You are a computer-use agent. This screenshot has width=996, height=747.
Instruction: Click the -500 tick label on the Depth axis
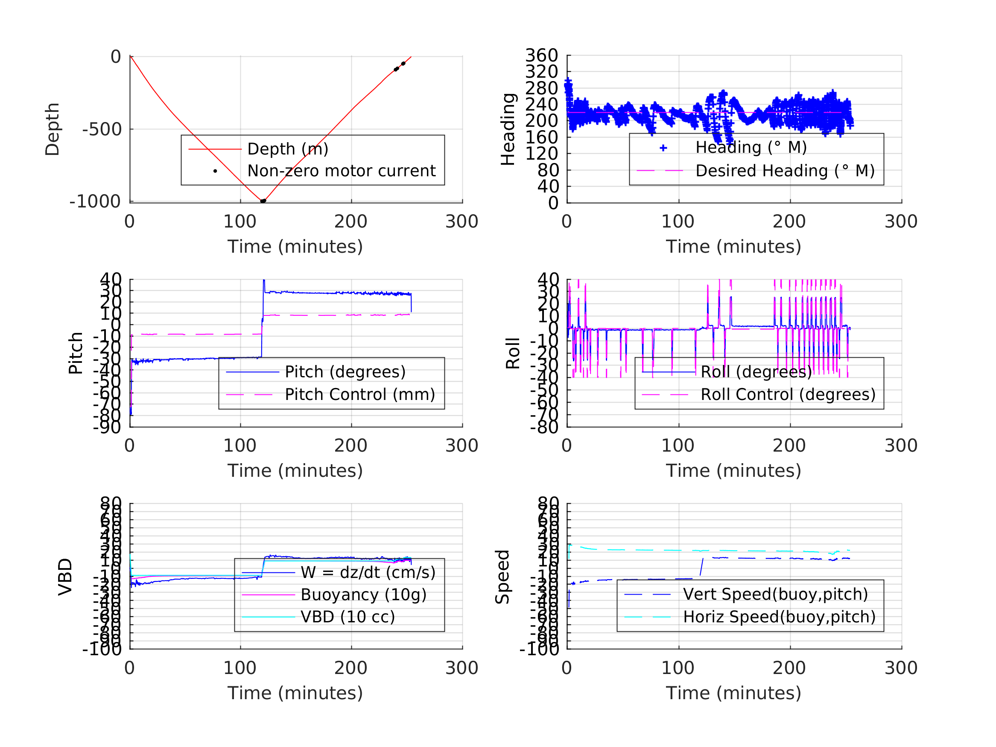click(102, 130)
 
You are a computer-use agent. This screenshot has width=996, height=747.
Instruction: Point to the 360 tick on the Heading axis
click(541, 55)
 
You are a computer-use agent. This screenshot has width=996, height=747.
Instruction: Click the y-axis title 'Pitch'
click(76, 353)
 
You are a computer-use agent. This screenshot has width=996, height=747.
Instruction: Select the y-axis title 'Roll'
click(513, 353)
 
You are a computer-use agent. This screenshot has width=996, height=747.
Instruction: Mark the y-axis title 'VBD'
click(65, 577)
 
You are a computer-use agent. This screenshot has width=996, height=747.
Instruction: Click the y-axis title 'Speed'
click(502, 577)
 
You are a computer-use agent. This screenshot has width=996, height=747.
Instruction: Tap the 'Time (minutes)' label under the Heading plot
click(733, 247)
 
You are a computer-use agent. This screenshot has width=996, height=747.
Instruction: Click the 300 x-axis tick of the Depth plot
click(461, 222)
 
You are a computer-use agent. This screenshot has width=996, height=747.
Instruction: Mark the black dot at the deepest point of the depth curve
click(263, 201)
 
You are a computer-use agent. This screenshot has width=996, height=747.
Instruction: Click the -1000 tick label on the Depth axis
click(95, 202)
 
